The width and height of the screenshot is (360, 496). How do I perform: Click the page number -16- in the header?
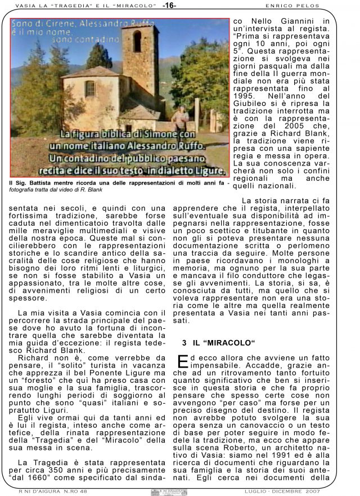tap(170, 6)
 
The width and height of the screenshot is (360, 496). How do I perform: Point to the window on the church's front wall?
tap(90, 88)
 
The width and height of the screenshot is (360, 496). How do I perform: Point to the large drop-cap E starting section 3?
tap(183, 361)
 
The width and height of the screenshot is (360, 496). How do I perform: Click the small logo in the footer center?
tap(169, 491)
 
